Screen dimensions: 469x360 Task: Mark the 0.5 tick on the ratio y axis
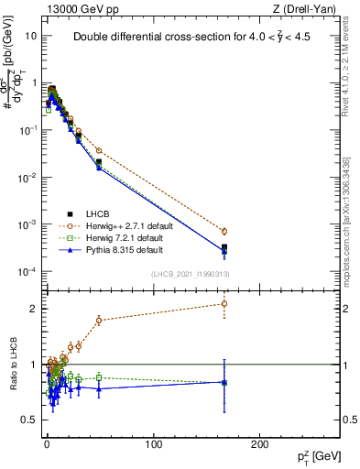coord(30,420)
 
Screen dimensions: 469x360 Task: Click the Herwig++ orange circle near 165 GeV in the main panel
coord(224,231)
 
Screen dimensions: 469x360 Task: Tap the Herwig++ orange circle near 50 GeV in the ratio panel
coord(99,320)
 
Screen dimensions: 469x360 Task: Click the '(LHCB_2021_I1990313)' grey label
coord(190,274)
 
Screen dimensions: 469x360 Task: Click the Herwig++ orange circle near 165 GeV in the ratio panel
coord(224,303)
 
